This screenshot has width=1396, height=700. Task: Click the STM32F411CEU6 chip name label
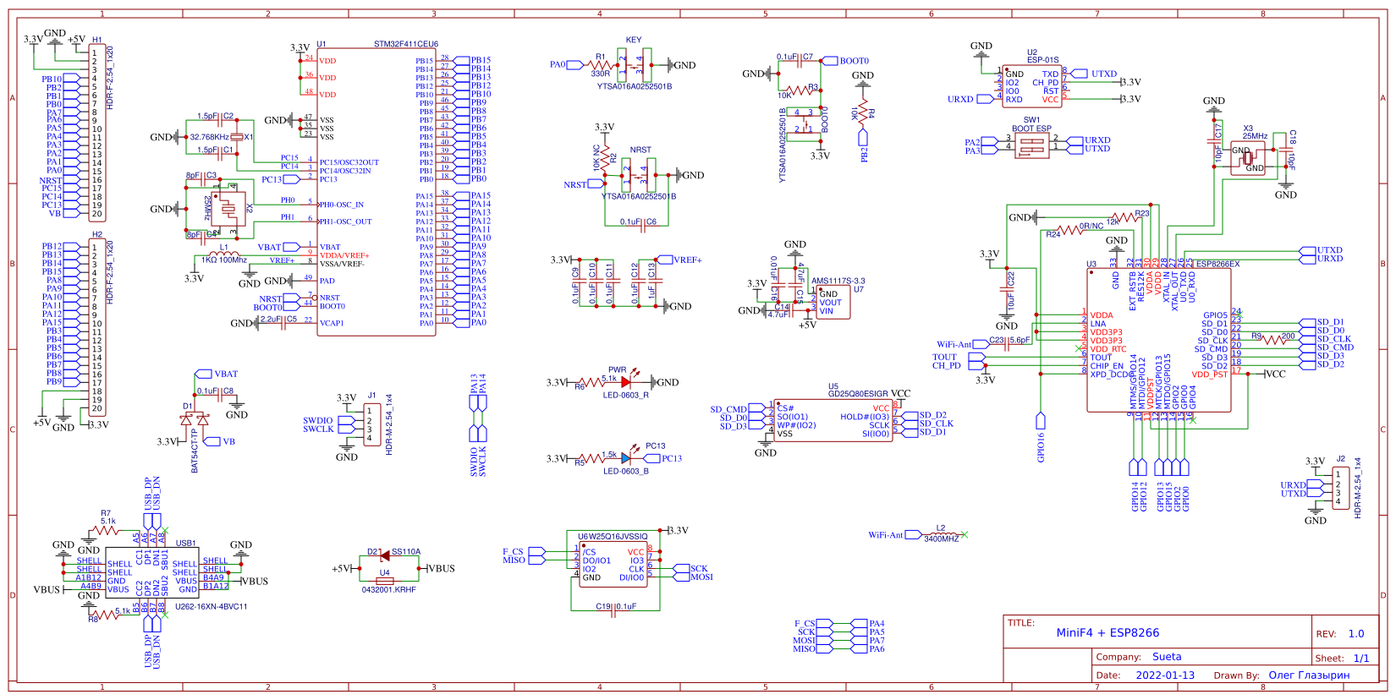(x=406, y=44)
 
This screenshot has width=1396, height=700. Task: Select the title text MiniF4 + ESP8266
(x=1107, y=633)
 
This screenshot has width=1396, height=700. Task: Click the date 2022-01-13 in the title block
(x=1165, y=675)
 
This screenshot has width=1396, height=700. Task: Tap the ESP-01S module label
(x=1042, y=60)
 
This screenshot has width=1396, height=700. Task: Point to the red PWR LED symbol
(x=625, y=382)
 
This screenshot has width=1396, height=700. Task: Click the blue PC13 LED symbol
(x=625, y=458)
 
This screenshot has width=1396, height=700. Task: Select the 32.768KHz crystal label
(x=209, y=137)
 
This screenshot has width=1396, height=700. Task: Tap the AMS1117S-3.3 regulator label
(x=838, y=281)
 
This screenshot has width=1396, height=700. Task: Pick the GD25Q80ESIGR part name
(x=858, y=394)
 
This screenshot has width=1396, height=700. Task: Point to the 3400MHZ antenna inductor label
(x=941, y=539)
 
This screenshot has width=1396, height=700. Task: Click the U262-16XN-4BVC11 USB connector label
(x=211, y=607)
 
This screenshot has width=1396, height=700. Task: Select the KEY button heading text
(x=634, y=40)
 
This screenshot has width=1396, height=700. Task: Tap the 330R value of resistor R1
(x=600, y=74)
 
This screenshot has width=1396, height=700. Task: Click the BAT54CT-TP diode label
(x=195, y=451)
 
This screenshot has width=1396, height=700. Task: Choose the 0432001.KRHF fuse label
(x=388, y=589)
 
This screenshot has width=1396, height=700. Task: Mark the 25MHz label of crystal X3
(x=1255, y=136)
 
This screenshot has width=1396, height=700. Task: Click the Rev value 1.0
(x=1356, y=634)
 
